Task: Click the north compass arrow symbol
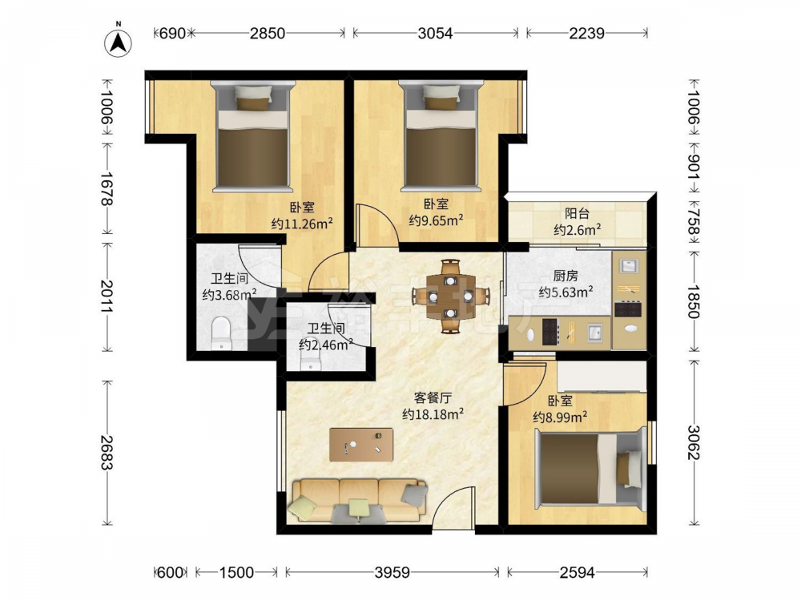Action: click(118, 42)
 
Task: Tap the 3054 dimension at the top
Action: click(435, 33)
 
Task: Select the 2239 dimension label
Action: click(587, 33)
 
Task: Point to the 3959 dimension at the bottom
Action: click(392, 572)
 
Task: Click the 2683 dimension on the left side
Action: click(107, 453)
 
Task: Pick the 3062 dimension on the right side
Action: click(694, 442)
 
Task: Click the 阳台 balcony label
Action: click(578, 214)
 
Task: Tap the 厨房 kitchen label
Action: click(566, 276)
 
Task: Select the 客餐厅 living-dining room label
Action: click(433, 397)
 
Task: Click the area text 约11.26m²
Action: click(303, 224)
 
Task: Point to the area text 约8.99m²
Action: click(560, 417)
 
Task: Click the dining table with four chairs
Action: click(450, 296)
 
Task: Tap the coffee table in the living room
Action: click(362, 445)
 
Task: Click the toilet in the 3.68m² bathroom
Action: click(221, 333)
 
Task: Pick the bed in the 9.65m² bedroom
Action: click(441, 135)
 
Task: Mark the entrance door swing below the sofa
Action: click(457, 508)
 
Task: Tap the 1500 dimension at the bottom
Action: click(236, 572)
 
